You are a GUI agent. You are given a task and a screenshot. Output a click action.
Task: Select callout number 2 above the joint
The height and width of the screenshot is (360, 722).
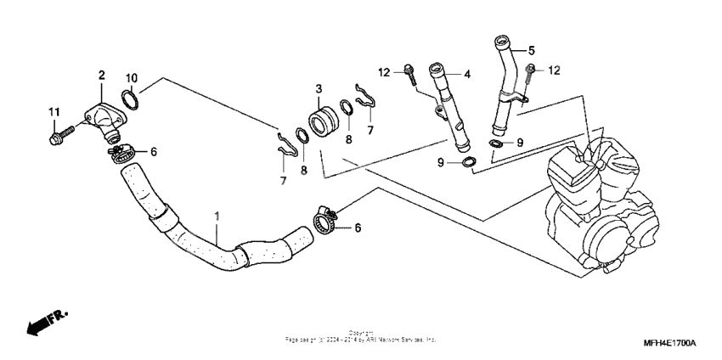coord(101,76)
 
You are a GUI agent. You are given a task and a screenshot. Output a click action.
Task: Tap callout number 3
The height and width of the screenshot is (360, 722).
coord(319,88)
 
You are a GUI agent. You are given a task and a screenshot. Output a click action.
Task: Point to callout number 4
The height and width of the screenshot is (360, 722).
coord(467,75)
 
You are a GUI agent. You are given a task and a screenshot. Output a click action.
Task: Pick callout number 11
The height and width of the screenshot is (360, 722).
coord(54,112)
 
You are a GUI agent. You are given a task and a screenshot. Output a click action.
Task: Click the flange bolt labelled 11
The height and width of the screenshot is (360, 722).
coord(60,132)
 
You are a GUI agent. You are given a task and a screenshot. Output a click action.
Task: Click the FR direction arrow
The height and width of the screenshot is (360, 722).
coord(42,323)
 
